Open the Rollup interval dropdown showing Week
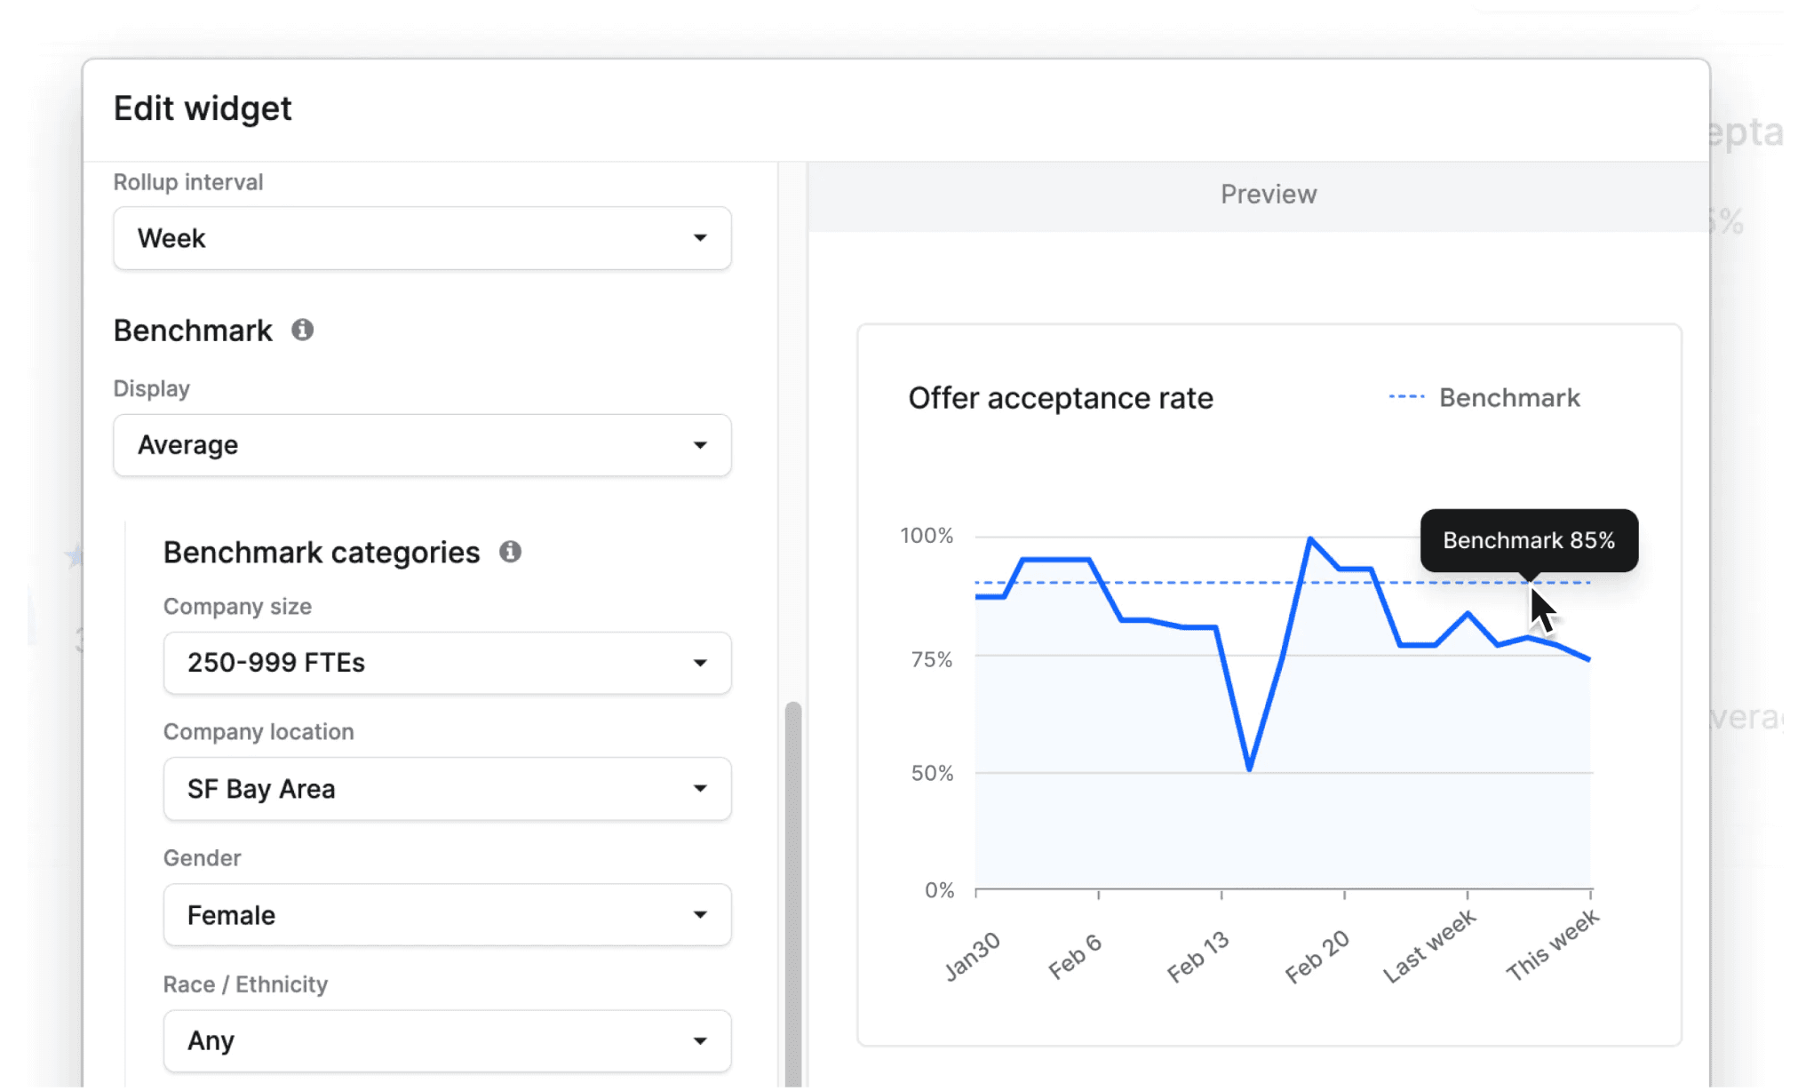click(422, 238)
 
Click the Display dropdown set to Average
click(422, 445)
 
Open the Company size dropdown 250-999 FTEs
click(447, 663)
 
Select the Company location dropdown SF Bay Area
click(447, 789)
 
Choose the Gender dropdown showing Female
click(447, 915)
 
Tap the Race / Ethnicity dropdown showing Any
click(447, 1040)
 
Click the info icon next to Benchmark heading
click(303, 330)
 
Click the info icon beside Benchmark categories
click(510, 552)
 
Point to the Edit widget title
click(203, 108)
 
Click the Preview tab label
click(1268, 195)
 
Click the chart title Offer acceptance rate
click(1060, 398)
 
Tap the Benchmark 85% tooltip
click(1528, 540)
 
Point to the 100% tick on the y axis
click(927, 536)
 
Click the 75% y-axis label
click(931, 659)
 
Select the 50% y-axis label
click(931, 773)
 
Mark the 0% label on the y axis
click(939, 890)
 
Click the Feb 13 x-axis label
click(1197, 957)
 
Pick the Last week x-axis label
click(1428, 946)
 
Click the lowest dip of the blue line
click(1249, 768)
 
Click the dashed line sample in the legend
click(1406, 397)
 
